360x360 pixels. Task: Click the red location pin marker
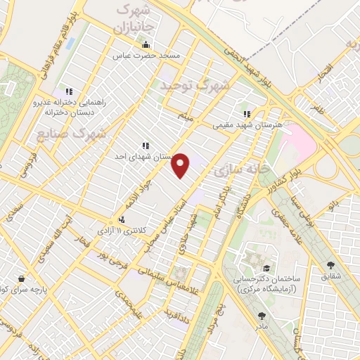tap(181, 165)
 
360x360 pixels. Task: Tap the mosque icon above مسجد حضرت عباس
tap(146, 46)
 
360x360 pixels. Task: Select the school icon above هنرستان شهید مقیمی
tap(247, 114)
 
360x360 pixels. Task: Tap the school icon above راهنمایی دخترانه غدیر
tap(69, 91)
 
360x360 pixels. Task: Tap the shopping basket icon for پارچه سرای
tap(23, 278)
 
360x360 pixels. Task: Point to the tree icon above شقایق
tap(330, 265)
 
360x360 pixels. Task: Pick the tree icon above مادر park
tap(262, 316)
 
